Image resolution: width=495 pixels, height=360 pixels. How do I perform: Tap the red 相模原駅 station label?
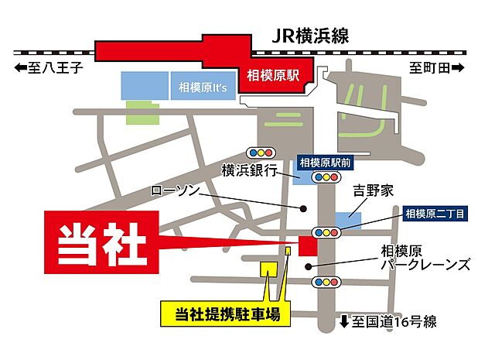273,76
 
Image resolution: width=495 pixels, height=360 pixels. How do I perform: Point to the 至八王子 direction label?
48,68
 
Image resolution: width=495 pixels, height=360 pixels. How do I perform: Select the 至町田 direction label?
437,68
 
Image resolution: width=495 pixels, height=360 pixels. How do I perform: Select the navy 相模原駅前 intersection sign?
326,162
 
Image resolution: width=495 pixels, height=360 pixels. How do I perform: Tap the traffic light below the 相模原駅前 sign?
326,177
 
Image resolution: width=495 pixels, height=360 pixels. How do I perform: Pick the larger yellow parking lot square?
268,268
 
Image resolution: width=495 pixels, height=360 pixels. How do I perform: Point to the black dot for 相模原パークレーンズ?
309,267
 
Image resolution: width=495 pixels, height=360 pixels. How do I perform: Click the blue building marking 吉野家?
346,221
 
